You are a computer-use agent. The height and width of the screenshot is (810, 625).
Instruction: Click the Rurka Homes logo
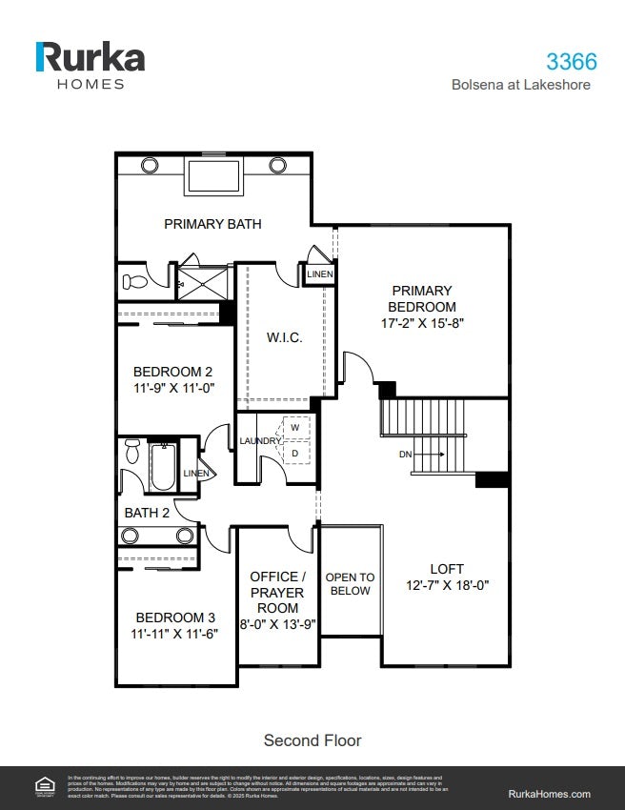pyautogui.click(x=91, y=64)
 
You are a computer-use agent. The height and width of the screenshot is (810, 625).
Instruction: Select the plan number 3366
pyautogui.click(x=571, y=62)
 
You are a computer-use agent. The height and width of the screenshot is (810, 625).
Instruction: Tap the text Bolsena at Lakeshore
pyautogui.click(x=520, y=85)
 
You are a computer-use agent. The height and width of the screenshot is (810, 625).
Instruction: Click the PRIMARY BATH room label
pyautogui.click(x=212, y=224)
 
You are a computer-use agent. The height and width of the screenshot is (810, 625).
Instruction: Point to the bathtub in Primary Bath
pyautogui.click(x=212, y=177)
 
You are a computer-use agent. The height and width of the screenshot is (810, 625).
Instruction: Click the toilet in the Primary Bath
pyautogui.click(x=134, y=282)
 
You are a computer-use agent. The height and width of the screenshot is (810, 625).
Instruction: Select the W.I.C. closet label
pyautogui.click(x=284, y=338)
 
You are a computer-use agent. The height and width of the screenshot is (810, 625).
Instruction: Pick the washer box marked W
pyautogui.click(x=295, y=428)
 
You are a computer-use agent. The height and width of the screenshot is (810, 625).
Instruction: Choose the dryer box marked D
pyautogui.click(x=295, y=453)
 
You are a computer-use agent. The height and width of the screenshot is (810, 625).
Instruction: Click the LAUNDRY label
pyautogui.click(x=259, y=441)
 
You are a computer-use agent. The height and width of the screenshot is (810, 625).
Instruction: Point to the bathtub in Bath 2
pyautogui.click(x=163, y=466)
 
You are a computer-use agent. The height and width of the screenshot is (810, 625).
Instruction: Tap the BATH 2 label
pyautogui.click(x=147, y=513)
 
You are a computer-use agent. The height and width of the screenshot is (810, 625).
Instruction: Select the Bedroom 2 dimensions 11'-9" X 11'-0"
pyautogui.click(x=172, y=388)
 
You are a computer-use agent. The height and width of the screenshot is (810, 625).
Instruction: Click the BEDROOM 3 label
pyautogui.click(x=174, y=617)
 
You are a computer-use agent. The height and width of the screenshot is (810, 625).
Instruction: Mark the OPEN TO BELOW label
pyautogui.click(x=350, y=584)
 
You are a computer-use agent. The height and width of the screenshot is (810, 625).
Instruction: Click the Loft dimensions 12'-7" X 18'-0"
pyautogui.click(x=446, y=585)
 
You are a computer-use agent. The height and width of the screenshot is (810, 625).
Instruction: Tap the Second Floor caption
pyautogui.click(x=312, y=739)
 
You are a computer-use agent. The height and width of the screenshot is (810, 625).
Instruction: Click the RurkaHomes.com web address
pyautogui.click(x=550, y=794)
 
